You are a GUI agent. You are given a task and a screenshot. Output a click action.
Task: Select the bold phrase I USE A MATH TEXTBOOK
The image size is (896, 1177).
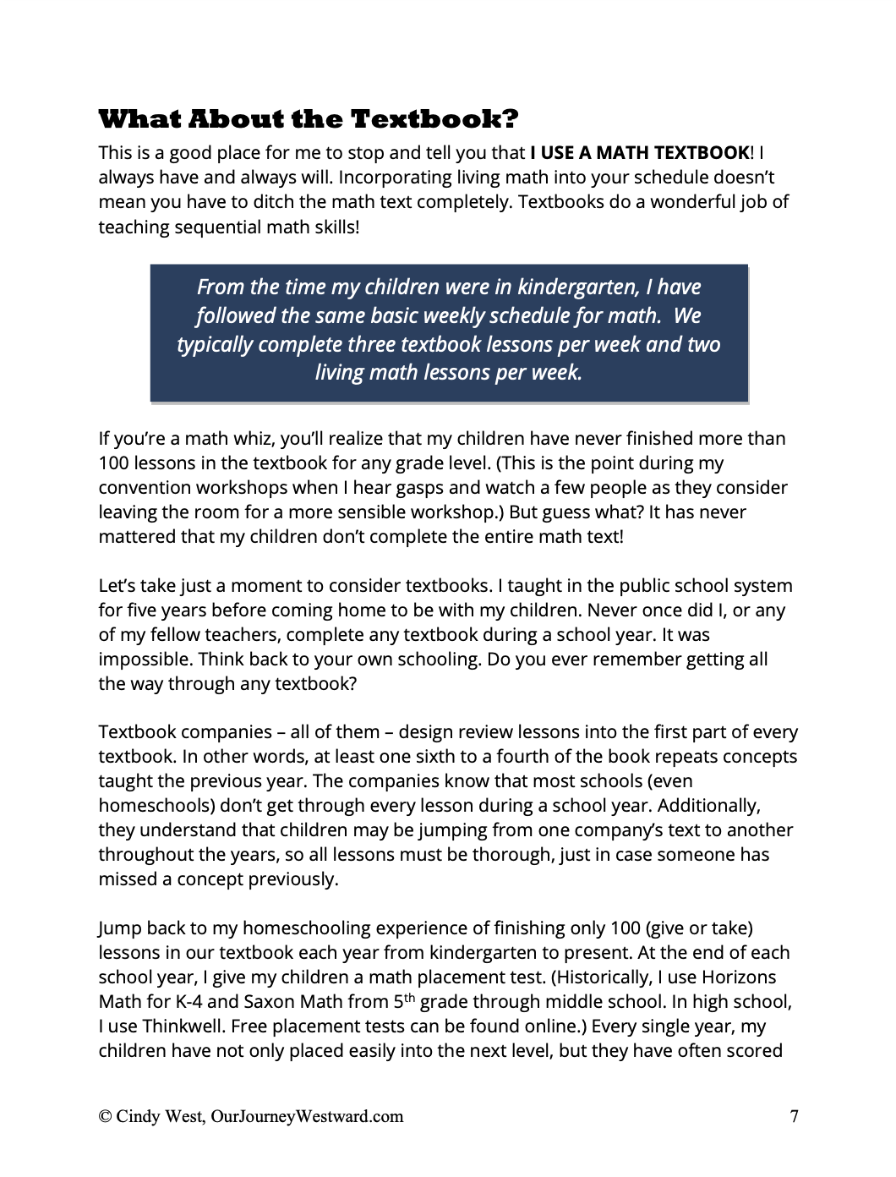click(640, 153)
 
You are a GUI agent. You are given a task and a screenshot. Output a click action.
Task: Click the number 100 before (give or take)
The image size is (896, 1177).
click(625, 928)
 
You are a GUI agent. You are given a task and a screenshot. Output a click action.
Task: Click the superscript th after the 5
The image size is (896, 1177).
click(409, 998)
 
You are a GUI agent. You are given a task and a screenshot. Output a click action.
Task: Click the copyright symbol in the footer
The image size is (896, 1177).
click(105, 1117)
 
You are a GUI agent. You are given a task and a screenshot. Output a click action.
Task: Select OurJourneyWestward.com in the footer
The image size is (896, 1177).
click(307, 1117)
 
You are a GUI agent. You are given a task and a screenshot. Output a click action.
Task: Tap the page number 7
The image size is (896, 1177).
click(794, 1117)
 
